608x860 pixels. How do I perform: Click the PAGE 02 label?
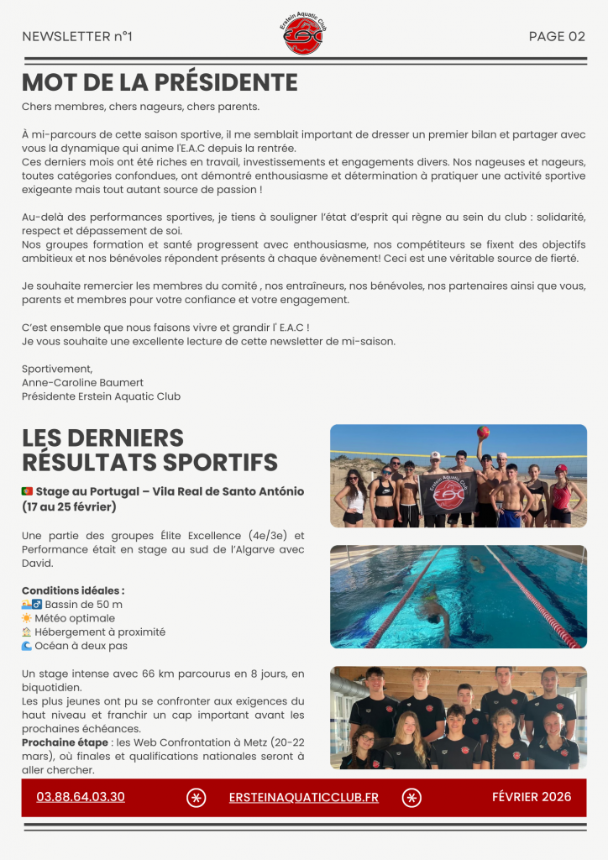coord(557,36)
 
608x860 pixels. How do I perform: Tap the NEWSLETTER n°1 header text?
coord(77,36)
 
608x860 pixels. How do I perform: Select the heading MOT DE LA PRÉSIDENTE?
coord(160,82)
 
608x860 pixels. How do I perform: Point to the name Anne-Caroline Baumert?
coord(82,382)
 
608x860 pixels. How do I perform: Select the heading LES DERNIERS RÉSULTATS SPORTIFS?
coord(149,449)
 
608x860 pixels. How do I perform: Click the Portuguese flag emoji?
coord(28,491)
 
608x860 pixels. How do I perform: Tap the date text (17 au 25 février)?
coord(69,507)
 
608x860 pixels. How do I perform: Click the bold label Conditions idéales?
coord(73,590)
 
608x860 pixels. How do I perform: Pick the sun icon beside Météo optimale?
coord(28,618)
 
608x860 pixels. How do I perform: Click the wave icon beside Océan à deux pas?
coord(28,646)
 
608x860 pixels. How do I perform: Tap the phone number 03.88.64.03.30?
coord(81,797)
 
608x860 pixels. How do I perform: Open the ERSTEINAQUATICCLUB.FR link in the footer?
coord(303,797)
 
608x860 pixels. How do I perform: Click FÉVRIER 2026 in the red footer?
coord(532,796)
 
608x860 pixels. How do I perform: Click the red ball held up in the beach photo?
coord(483,433)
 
